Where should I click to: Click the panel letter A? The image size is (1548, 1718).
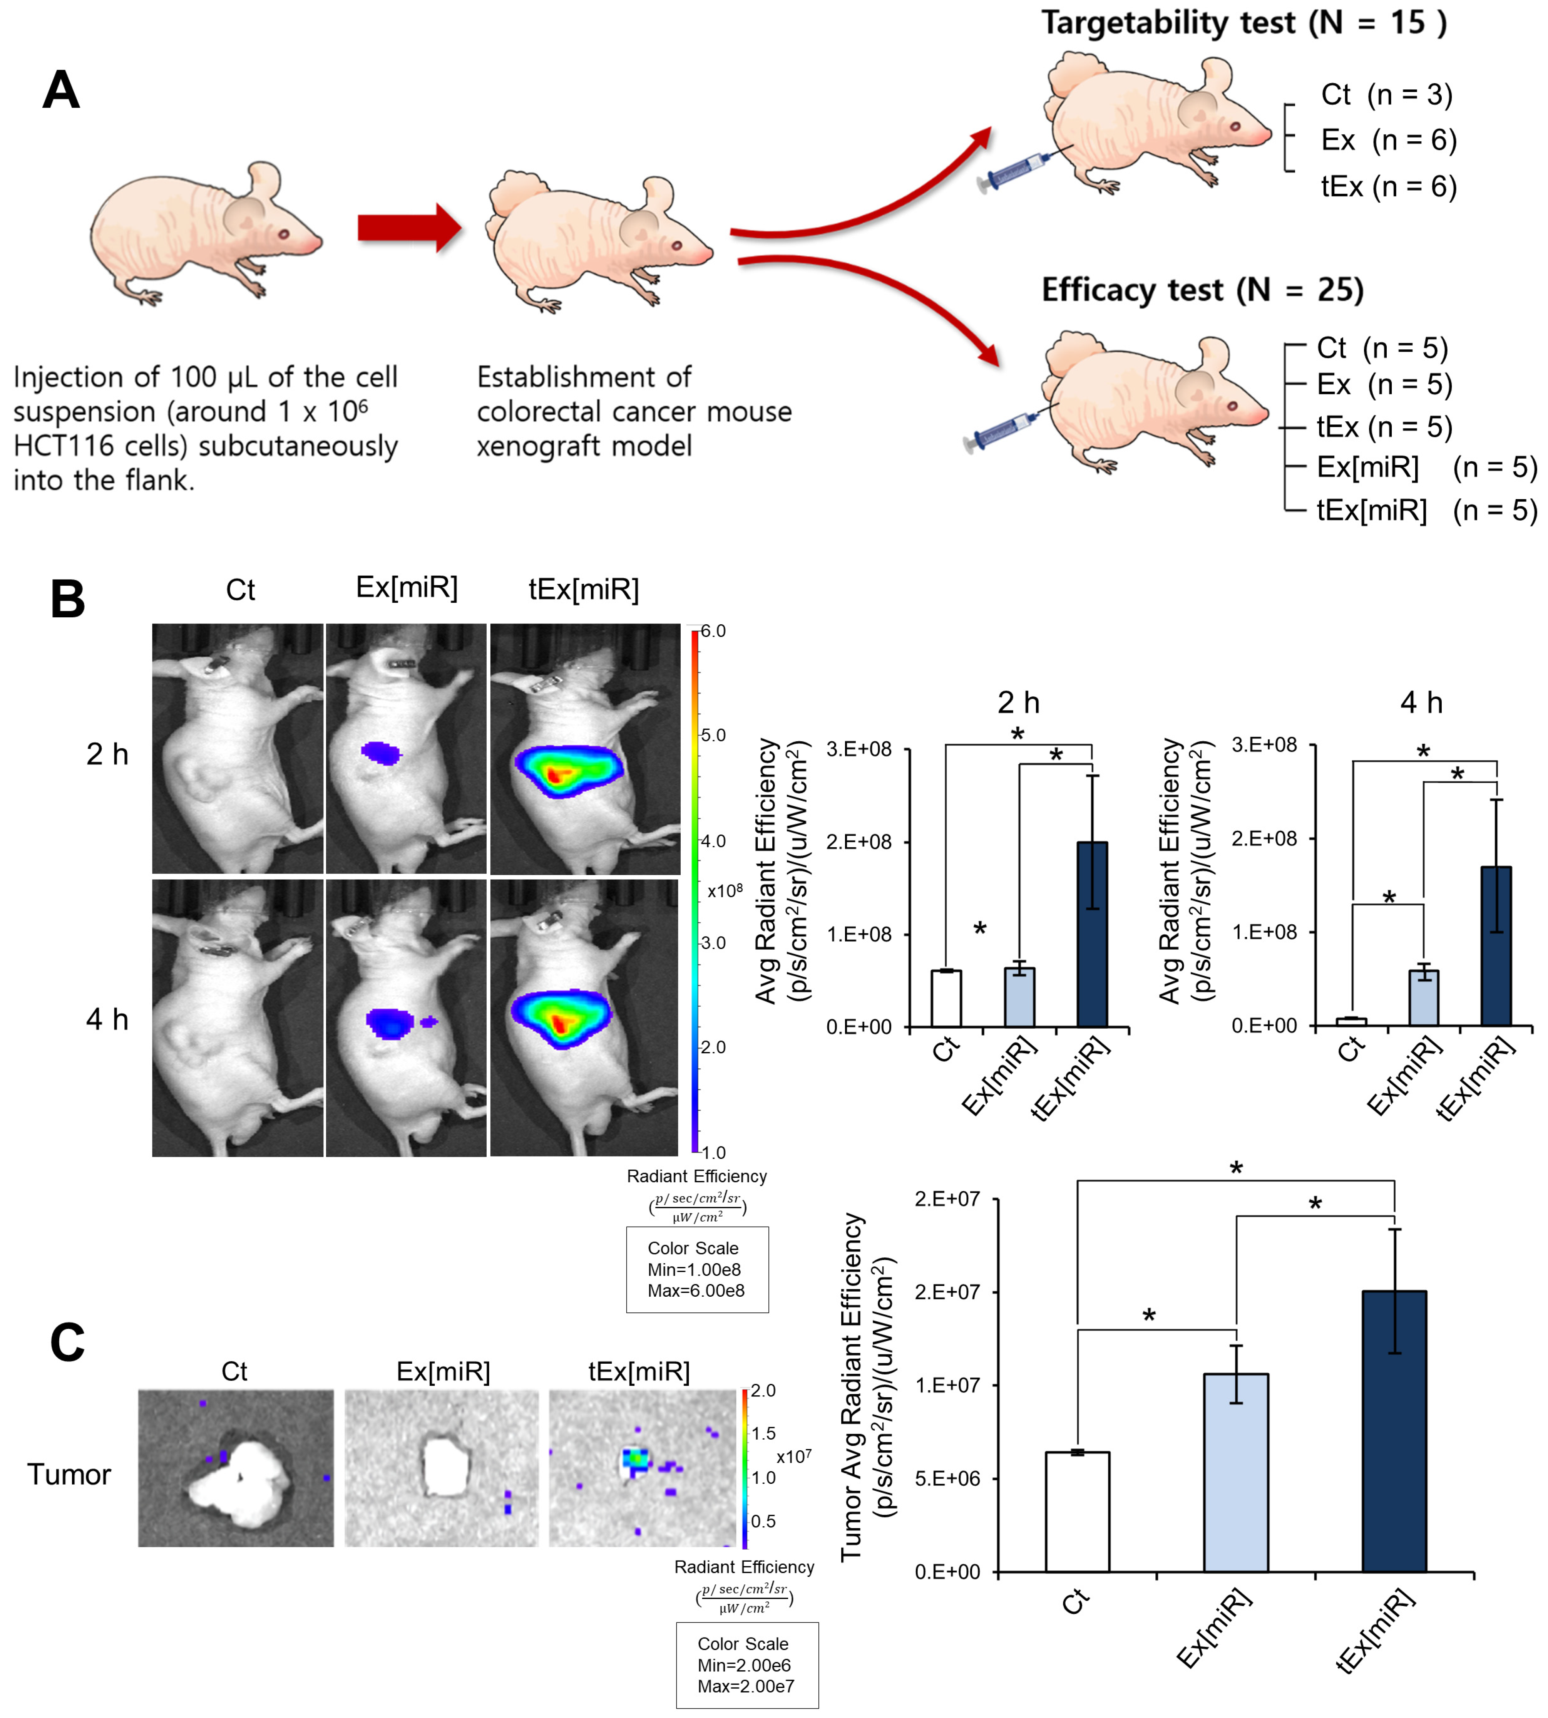(x=61, y=90)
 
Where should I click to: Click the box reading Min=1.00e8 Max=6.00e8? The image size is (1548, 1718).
(x=696, y=1270)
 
